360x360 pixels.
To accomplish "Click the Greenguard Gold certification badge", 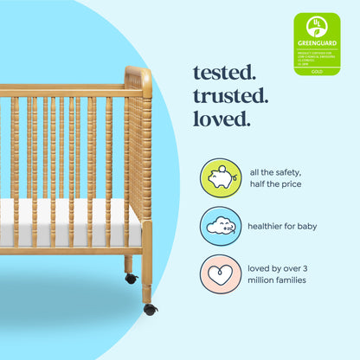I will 317,43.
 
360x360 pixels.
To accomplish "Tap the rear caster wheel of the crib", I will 131,279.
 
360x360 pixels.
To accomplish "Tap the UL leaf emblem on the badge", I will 317,24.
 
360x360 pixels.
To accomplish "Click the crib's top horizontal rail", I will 61,90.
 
